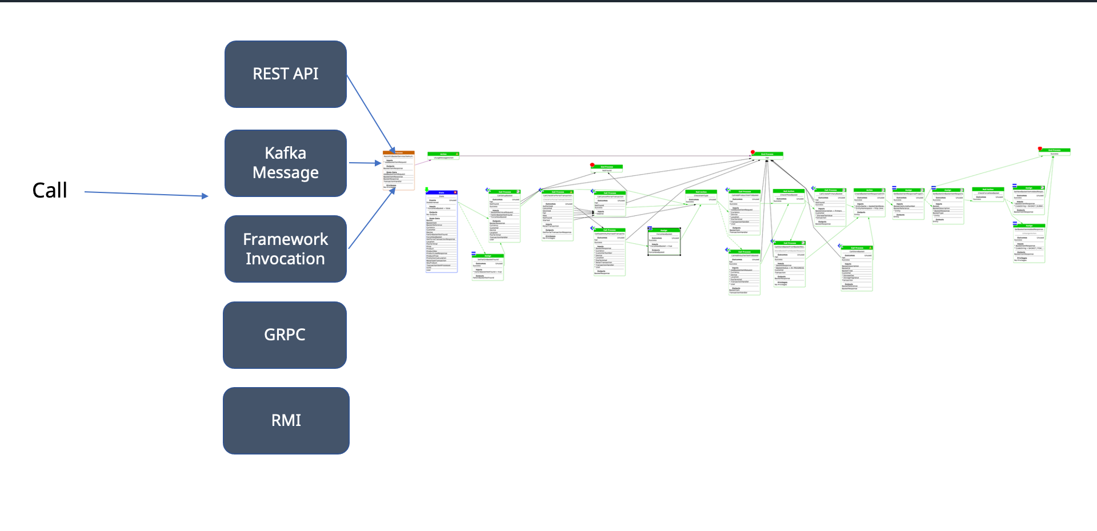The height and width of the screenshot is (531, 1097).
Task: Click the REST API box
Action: coord(285,74)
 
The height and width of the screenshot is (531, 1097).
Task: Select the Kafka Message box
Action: coord(285,163)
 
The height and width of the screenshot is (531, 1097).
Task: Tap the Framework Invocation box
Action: coord(285,249)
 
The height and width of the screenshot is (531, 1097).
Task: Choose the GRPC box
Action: coord(285,335)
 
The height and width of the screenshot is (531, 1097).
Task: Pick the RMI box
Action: coord(286,421)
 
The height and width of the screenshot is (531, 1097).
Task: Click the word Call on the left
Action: coord(50,190)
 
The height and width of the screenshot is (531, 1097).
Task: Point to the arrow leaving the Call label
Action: coord(146,194)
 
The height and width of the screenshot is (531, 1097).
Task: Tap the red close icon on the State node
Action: coord(455,192)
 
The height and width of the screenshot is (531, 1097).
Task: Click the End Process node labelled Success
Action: coord(1054,152)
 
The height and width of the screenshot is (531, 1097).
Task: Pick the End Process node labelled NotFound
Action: coord(607,168)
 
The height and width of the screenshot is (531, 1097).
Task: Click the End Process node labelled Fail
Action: coord(767,155)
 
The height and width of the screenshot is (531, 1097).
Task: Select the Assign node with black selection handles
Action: coord(664,241)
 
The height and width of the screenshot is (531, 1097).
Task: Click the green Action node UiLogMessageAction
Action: coord(443,155)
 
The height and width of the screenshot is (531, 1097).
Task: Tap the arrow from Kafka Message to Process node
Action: coord(365,163)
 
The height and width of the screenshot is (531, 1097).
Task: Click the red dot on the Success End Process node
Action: coord(1040,148)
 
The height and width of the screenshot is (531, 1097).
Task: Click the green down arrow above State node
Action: coord(427,189)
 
